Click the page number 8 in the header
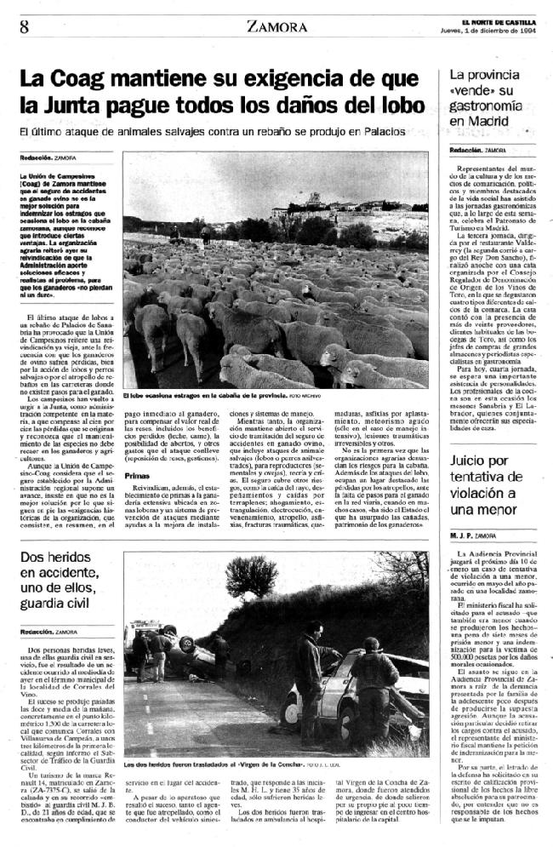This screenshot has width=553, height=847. (24, 26)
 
